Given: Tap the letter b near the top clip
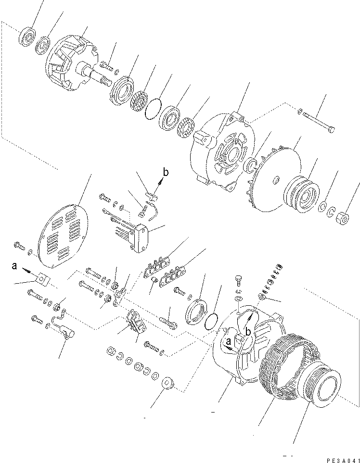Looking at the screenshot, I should coord(166,172).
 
